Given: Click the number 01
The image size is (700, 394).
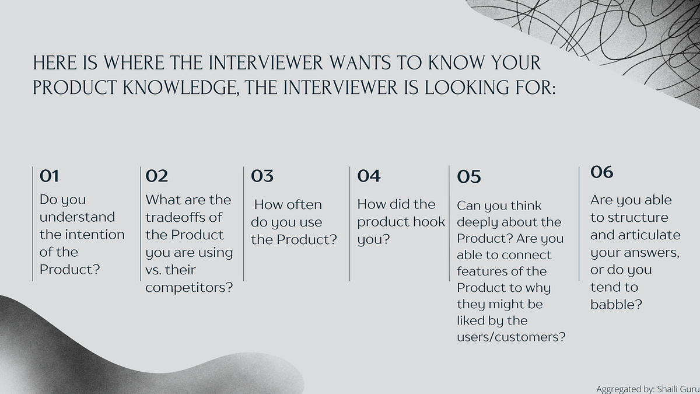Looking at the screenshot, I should coord(49,176).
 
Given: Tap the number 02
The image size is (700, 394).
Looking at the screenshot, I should coord(157,176).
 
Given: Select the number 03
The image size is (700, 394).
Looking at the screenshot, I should coord(262,176).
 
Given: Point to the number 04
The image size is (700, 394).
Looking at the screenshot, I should coord(369,176).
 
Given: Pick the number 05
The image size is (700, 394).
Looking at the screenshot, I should coord(469,177).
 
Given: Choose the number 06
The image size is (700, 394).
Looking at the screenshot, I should coord(602,172).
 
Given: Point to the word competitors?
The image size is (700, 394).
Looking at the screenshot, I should coord(189,288).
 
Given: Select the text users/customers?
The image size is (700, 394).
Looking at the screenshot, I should coord(511,337).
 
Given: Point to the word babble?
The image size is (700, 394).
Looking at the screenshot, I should coord(616,305).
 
